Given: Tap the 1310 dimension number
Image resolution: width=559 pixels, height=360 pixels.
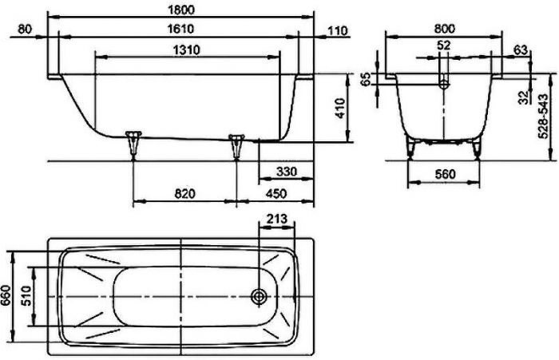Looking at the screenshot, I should coord(185,49).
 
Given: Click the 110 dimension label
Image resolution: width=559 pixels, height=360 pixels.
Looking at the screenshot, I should coord(337,30).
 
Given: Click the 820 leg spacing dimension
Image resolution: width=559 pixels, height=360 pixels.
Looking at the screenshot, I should coord(184,194).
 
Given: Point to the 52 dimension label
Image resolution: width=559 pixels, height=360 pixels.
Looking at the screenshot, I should coord(444,46).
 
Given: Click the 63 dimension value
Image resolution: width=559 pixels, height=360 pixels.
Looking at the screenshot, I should coord(520,49).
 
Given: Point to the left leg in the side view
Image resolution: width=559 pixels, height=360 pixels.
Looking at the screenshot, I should coord(133,144).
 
